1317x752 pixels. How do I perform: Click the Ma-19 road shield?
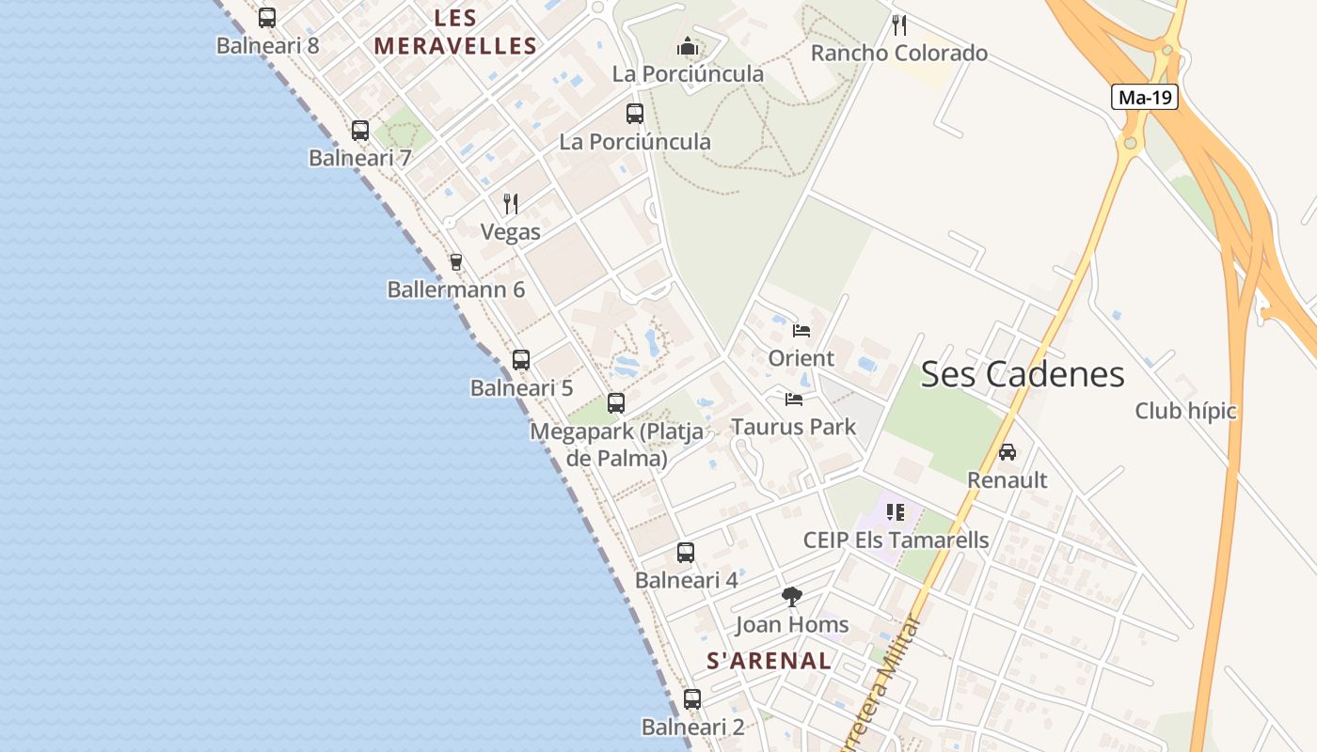[x=1145, y=97]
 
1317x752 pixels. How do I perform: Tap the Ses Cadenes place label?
[x=1023, y=374]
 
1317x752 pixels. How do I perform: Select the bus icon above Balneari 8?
[x=267, y=18]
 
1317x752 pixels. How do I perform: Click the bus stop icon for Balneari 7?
[x=360, y=131]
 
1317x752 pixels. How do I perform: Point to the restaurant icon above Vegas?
[x=511, y=203]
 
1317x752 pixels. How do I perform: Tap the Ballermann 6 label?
[x=456, y=290]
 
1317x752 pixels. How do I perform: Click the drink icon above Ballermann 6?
[x=456, y=261]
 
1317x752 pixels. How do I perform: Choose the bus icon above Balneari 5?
[x=521, y=360]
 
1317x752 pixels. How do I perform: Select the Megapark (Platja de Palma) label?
[x=617, y=445]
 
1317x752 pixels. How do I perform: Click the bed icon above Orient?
[x=801, y=331]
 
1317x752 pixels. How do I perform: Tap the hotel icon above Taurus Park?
[x=794, y=399]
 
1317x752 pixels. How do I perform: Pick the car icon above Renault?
[x=1008, y=452]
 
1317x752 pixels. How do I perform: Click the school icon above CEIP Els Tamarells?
[x=896, y=512]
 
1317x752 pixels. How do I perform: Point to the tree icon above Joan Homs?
[x=792, y=596]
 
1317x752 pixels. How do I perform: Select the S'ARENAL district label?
[x=770, y=661]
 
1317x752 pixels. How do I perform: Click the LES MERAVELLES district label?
[x=456, y=32]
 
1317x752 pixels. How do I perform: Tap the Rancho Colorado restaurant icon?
[x=899, y=24]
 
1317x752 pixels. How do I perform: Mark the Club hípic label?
[x=1185, y=411]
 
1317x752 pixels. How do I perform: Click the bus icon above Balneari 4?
[x=686, y=553]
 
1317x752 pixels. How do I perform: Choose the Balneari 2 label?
[x=693, y=728]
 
